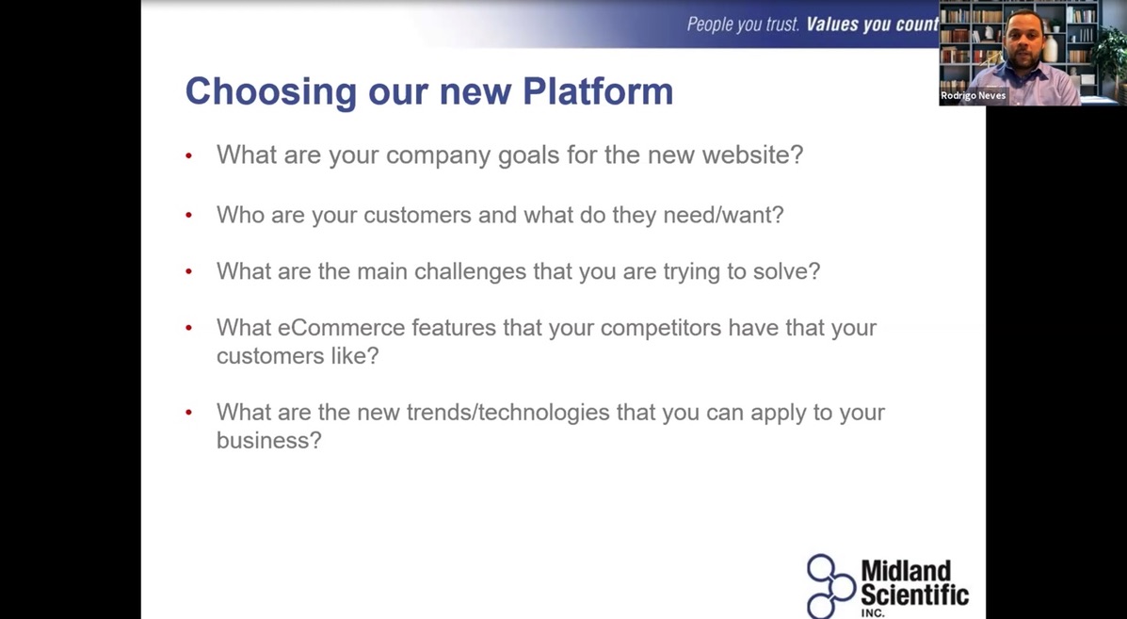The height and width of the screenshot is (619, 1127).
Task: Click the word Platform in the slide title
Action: pos(597,91)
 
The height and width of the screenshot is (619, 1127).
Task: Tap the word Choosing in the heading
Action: pos(271,92)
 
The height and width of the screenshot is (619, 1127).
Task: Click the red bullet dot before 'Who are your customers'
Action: pos(188,215)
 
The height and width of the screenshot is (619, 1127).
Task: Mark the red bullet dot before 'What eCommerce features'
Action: pos(188,327)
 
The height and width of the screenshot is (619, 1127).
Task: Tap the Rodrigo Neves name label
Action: pos(974,95)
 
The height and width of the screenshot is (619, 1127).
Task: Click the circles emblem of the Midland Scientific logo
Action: pos(830,586)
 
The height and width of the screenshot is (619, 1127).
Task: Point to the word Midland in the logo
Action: pos(906,572)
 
